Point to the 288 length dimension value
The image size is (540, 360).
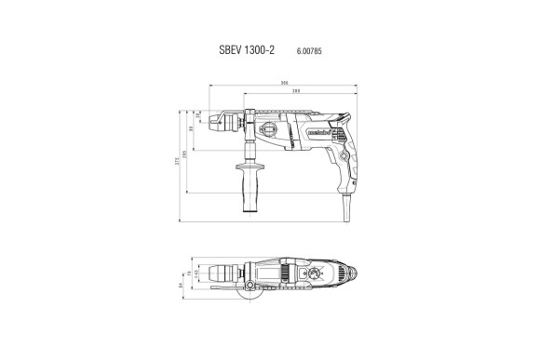[x=296, y=91]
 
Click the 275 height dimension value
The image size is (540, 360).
[x=178, y=163]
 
